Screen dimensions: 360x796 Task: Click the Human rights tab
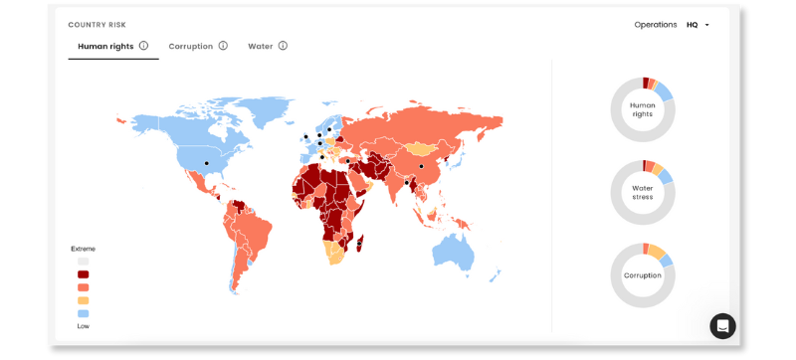point(105,46)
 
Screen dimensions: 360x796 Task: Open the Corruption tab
point(190,46)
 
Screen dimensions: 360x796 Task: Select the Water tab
point(260,46)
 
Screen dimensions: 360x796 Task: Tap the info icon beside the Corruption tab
point(223,46)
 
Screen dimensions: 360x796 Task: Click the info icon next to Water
point(283,46)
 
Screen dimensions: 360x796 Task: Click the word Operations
point(655,25)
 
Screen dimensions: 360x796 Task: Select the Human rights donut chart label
point(643,109)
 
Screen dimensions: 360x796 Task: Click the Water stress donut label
point(643,192)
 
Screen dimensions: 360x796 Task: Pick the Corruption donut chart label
point(643,274)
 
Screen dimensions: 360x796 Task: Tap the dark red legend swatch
point(84,273)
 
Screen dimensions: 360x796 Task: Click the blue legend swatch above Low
point(84,313)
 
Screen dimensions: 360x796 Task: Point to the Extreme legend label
point(83,249)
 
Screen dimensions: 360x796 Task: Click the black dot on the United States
point(207,162)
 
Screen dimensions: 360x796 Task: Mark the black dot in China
point(421,166)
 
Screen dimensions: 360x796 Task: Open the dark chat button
point(722,325)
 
